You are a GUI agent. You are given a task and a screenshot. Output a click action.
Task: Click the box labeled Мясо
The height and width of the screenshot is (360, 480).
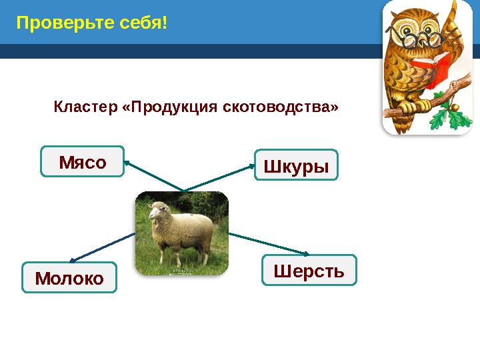83,162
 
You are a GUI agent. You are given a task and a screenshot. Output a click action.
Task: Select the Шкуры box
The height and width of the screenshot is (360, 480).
297,165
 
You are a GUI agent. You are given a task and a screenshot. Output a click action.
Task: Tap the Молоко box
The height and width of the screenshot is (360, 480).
69,278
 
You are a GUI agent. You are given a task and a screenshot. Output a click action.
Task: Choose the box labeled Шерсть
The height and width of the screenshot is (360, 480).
309,270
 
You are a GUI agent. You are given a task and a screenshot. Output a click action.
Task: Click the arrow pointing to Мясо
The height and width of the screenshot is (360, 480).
153,176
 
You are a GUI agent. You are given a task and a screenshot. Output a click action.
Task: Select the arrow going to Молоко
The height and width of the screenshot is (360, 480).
103,247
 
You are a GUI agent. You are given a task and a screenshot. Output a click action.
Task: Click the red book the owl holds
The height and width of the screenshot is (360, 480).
429,71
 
